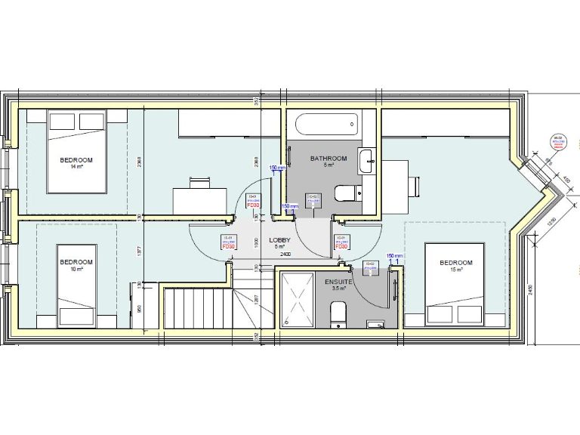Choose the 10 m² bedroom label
click(77, 265)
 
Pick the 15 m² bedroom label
click(455, 265)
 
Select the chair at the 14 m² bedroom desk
click(200, 182)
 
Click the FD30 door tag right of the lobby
click(341, 243)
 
